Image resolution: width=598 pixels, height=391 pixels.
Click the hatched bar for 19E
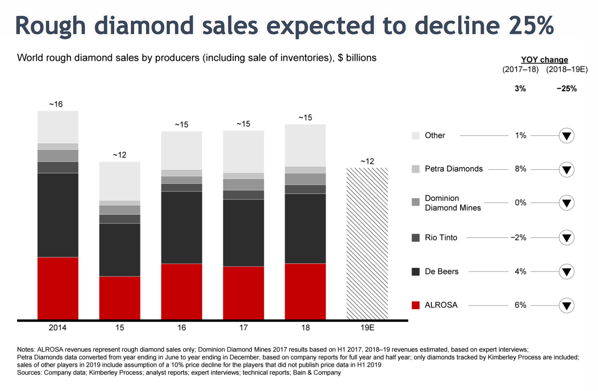[367, 244]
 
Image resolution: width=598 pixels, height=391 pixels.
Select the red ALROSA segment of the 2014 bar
[58, 288]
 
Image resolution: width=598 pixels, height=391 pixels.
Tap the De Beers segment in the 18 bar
[305, 229]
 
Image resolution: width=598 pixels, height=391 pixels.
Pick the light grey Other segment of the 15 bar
[120, 181]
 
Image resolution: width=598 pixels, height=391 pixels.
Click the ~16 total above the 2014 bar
[56, 104]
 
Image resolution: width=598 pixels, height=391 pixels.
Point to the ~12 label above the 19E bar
[367, 161]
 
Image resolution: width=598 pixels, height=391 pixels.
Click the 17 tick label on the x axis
[243, 328]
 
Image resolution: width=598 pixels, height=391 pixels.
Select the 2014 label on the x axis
[58, 328]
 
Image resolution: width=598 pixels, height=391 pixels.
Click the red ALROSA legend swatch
[415, 305]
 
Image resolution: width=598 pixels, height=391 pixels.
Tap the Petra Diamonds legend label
[454, 169]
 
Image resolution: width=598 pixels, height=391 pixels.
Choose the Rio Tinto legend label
[441, 238]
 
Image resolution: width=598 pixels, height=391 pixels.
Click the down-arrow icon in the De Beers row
[566, 272]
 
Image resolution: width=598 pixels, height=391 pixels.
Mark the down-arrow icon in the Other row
[566, 136]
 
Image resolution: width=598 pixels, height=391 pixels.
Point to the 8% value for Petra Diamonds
[520, 169]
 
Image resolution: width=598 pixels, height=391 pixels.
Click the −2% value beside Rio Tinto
[519, 238]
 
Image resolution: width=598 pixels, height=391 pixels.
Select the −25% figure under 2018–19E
[567, 89]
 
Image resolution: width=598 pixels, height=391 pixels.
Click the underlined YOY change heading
[544, 60]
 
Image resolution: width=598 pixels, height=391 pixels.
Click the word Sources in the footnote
[28, 373]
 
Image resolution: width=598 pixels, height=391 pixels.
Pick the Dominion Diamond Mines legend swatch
[415, 202]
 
